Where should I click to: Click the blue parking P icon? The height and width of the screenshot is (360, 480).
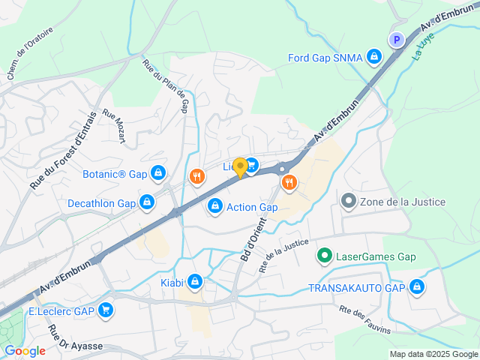[396, 40]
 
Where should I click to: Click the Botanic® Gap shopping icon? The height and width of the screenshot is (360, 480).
[157, 174]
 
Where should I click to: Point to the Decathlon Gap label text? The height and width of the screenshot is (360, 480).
[101, 203]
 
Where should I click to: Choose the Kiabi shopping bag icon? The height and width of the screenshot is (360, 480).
[194, 281]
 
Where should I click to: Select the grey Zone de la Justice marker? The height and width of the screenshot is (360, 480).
[348, 202]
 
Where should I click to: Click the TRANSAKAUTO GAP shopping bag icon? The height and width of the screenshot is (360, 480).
[417, 287]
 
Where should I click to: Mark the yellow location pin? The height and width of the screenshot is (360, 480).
[240, 168]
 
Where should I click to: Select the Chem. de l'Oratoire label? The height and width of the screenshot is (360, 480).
[30, 57]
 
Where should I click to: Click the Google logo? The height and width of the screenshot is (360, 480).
[25, 350]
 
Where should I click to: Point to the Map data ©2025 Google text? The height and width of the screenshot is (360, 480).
[433, 354]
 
